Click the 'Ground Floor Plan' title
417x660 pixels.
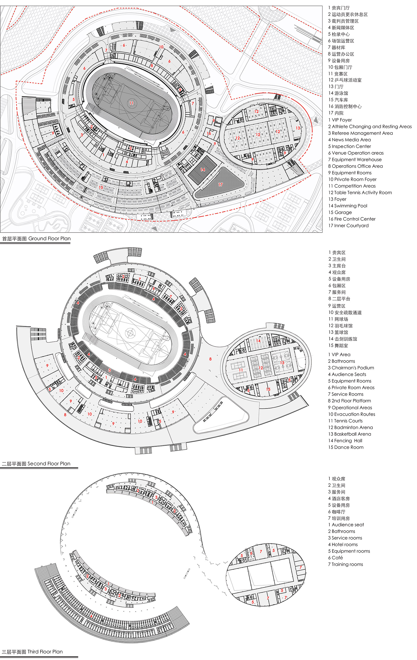click(36, 238)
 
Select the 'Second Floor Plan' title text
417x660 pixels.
click(36, 464)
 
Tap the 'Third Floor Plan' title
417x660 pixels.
click(32, 651)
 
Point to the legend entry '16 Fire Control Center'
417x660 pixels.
click(352, 219)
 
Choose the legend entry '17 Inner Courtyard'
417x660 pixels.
click(348, 225)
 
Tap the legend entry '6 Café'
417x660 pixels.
click(335, 558)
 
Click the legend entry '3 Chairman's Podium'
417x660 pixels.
click(351, 368)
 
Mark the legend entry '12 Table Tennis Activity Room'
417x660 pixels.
click(360, 192)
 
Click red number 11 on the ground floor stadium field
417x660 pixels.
click(131, 103)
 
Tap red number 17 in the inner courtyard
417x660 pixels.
click(221, 184)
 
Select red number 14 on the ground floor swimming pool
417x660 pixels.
click(203, 169)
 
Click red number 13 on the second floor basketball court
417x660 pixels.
click(282, 363)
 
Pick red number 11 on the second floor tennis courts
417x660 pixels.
click(241, 370)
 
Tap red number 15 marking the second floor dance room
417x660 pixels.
click(268, 389)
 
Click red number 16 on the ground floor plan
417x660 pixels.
click(209, 134)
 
